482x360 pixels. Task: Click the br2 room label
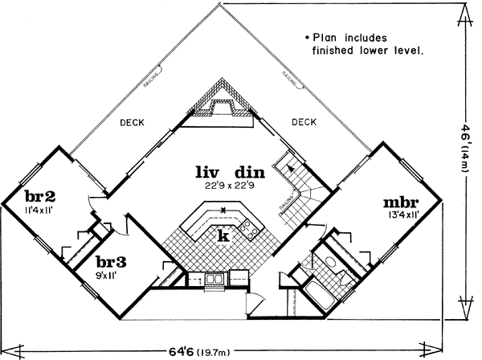[x=39, y=198]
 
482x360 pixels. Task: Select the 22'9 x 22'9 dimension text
[x=230, y=185]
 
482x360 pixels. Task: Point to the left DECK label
[x=132, y=123]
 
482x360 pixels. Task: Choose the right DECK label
[x=304, y=123]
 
